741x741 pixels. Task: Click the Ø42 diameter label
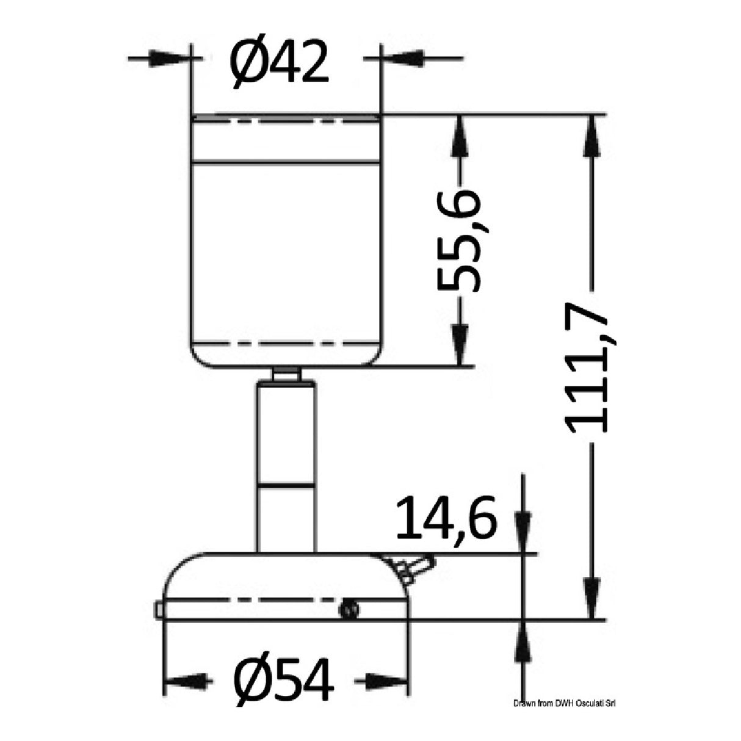pos(280,61)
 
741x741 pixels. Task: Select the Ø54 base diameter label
pos(285,681)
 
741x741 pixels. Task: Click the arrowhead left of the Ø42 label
pos(173,60)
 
